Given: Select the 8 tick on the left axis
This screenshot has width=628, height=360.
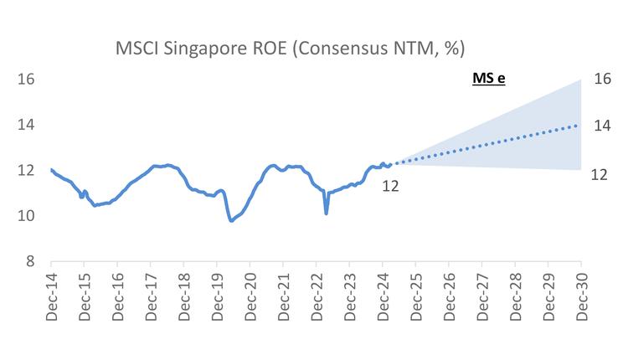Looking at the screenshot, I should (x=28, y=261).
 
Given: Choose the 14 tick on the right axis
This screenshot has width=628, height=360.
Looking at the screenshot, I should (x=601, y=126).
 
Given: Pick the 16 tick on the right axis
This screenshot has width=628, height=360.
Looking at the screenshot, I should (x=601, y=80).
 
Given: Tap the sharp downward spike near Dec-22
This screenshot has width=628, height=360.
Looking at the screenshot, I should (x=326, y=213).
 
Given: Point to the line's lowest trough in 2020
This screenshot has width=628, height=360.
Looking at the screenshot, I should (x=231, y=221).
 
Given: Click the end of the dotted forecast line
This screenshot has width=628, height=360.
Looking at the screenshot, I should (x=579, y=126).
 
